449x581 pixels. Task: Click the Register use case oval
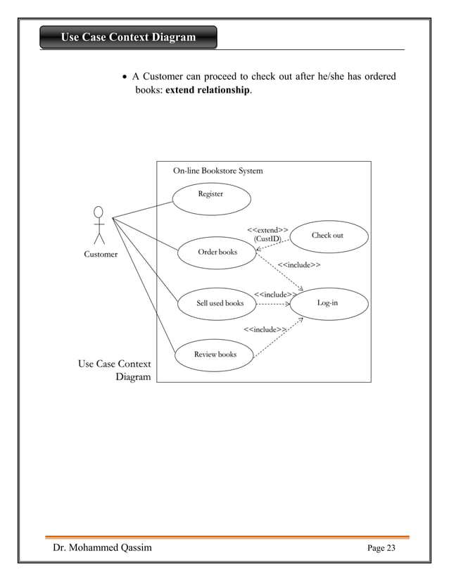point(212,196)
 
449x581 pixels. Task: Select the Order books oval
point(217,253)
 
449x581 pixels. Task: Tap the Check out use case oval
point(329,236)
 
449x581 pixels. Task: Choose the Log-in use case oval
point(329,303)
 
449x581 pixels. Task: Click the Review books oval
point(214,355)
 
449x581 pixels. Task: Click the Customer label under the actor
point(101,255)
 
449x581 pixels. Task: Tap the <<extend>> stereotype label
point(267,229)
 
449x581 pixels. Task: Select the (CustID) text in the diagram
point(267,239)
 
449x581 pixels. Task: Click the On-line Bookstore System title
point(218,170)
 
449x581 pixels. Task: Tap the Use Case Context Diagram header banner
point(128,37)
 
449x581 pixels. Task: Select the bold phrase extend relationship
point(208,91)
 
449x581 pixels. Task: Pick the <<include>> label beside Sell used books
point(274,294)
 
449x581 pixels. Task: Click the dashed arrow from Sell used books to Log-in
point(273,304)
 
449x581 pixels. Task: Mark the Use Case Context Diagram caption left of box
point(115,371)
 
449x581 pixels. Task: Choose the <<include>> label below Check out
point(299,265)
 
